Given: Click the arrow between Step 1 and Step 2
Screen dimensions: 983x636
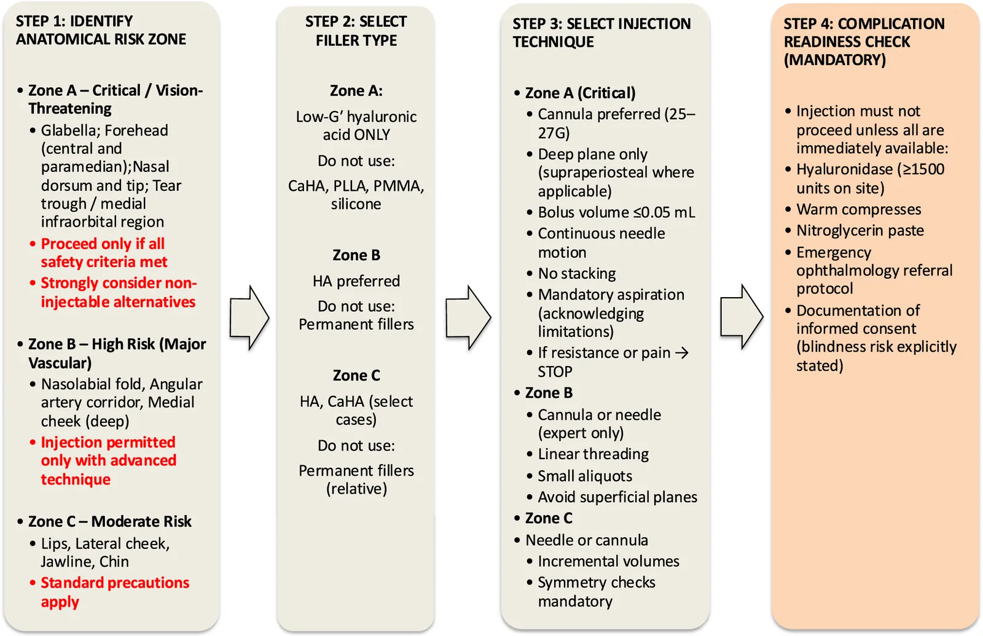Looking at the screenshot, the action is click(x=249, y=317).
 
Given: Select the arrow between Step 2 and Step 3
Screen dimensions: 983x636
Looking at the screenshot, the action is click(x=468, y=317).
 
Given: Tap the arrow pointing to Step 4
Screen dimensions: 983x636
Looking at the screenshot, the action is click(x=742, y=317).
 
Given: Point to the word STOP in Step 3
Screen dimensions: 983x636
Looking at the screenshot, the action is click(x=555, y=371).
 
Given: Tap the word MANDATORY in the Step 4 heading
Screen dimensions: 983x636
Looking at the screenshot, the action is click(x=835, y=60).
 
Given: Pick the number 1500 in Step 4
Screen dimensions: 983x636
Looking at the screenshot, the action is click(x=927, y=169).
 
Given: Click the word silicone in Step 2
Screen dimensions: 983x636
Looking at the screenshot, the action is click(x=356, y=204).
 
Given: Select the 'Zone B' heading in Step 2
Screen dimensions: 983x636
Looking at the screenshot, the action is click(x=356, y=255).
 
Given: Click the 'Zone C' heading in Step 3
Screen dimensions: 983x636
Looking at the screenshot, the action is click(x=549, y=518).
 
